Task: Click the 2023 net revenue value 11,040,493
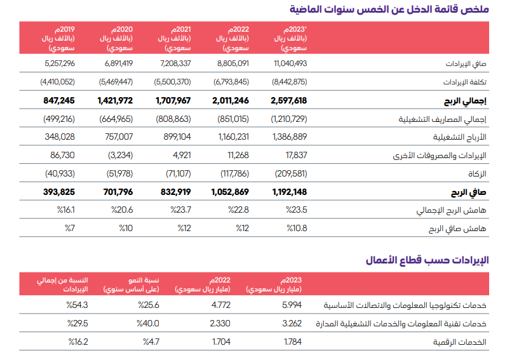[x=290, y=63]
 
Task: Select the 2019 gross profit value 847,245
[x=60, y=100]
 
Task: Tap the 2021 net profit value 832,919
[x=173, y=192]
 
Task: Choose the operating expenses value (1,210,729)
[x=289, y=119]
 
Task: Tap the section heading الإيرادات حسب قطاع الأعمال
[x=428, y=260]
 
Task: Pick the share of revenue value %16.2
[x=77, y=342]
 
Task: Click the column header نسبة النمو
[x=139, y=283]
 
